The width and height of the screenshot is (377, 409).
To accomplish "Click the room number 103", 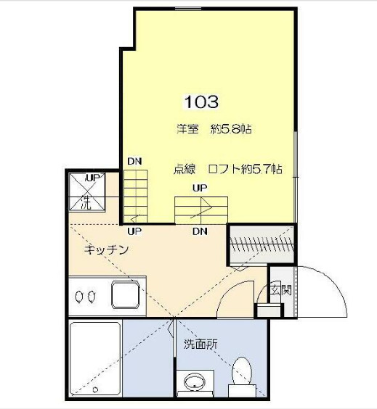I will [201, 102].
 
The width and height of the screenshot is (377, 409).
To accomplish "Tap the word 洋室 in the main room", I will [187, 130].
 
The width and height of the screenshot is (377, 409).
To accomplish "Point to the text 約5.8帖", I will [231, 130].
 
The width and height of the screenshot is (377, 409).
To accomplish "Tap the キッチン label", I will [107, 249].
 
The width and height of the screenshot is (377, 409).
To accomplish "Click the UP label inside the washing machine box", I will [93, 178].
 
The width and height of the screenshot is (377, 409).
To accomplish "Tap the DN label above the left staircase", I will [134, 162].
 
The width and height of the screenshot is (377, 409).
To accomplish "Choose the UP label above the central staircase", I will [200, 187].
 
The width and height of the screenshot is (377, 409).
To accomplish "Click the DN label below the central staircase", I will [200, 233].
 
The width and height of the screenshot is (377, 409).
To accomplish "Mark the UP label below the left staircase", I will [134, 232].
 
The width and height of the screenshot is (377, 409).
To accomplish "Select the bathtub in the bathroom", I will [95, 359].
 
